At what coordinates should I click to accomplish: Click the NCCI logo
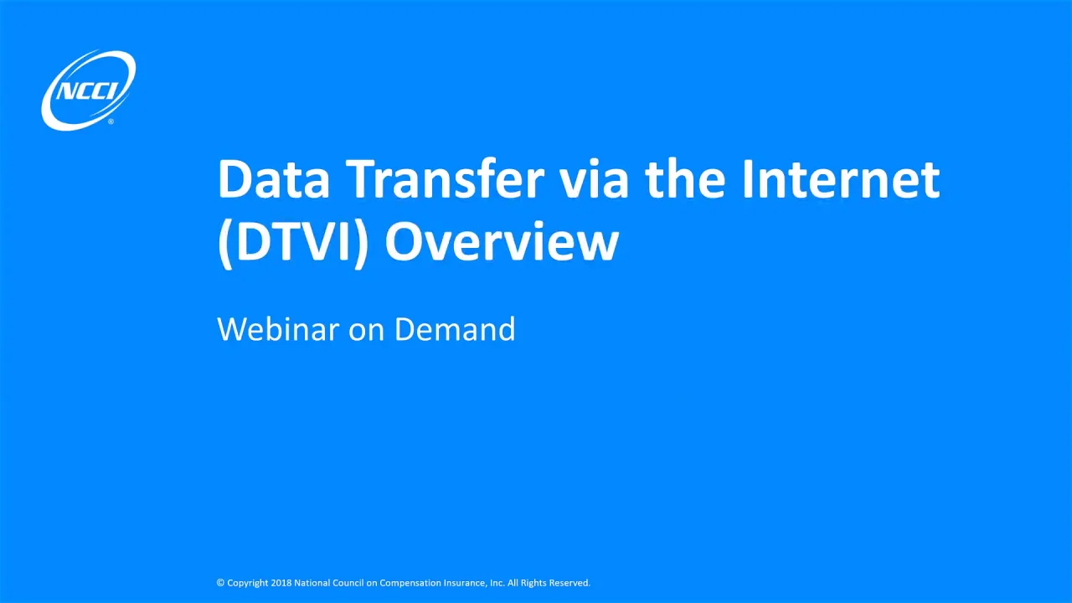pos(88,89)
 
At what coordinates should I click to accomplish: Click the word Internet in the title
pos(840,179)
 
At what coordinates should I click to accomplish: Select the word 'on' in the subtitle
pos(366,329)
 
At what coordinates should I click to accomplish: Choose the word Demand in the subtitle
pos(455,329)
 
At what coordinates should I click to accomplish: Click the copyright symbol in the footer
pos(220,583)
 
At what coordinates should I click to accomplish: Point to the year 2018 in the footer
pos(281,583)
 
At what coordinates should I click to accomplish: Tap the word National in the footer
pos(312,583)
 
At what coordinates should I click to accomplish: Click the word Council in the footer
pos(351,583)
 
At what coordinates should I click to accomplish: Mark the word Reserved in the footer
pos(569,583)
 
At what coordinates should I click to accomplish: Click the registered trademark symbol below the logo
pos(111,122)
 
